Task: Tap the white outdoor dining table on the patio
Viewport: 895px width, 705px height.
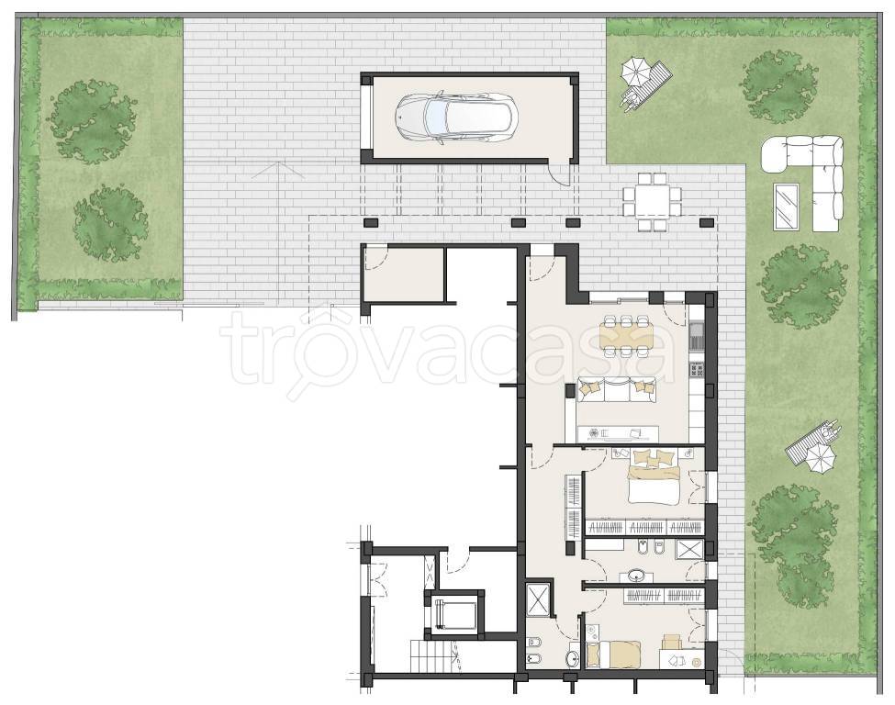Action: tap(653, 202)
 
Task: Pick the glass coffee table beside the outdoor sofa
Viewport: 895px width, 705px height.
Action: tap(787, 206)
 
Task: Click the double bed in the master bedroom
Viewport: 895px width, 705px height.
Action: tap(654, 477)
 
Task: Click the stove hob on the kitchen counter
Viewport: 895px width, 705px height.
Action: tap(697, 371)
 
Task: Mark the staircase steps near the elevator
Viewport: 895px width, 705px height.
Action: tap(435, 656)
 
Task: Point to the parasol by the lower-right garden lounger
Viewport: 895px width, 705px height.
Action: tap(821, 457)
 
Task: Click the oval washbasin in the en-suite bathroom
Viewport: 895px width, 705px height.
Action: tap(637, 575)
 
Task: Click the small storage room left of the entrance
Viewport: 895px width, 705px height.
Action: tap(403, 274)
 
